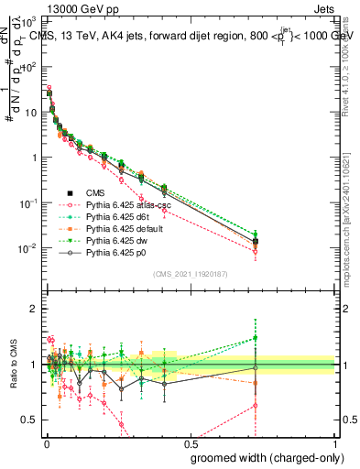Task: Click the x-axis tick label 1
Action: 335,444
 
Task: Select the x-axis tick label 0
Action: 45,444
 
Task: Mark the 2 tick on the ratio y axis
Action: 33,309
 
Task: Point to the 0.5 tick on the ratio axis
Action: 30,420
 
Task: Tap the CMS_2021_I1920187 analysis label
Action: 190,274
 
